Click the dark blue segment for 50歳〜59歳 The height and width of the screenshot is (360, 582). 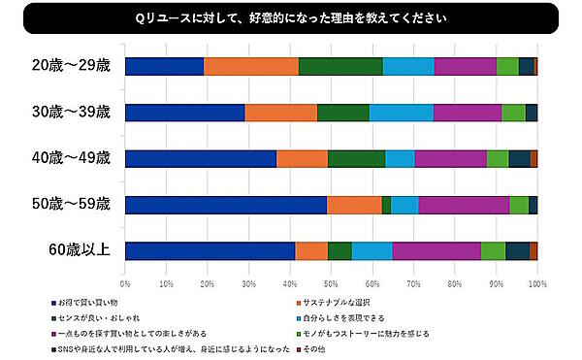tap(225, 205)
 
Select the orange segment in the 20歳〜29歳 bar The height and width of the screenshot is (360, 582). tap(251, 66)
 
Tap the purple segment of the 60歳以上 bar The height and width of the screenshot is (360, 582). tap(436, 250)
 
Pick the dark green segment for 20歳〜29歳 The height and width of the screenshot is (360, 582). tap(340, 66)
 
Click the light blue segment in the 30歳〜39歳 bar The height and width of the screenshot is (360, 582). tap(401, 112)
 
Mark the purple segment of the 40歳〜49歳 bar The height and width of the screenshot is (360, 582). tap(450, 158)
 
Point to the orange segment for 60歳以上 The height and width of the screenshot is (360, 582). tap(311, 250)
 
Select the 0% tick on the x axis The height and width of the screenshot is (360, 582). tap(125, 284)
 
